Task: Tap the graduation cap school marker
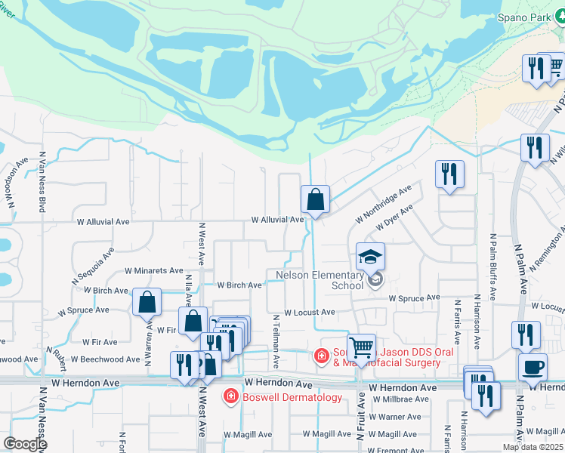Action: coord(371,257)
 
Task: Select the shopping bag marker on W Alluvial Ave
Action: coord(315,201)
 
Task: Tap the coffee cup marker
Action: coord(533,368)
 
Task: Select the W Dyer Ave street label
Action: coord(395,219)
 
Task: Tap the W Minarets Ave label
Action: coord(154,270)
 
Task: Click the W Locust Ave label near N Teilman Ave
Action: coord(309,312)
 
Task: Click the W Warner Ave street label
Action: coord(394,417)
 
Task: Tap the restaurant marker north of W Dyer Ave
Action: coord(450,175)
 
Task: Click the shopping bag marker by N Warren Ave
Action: coord(147,303)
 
